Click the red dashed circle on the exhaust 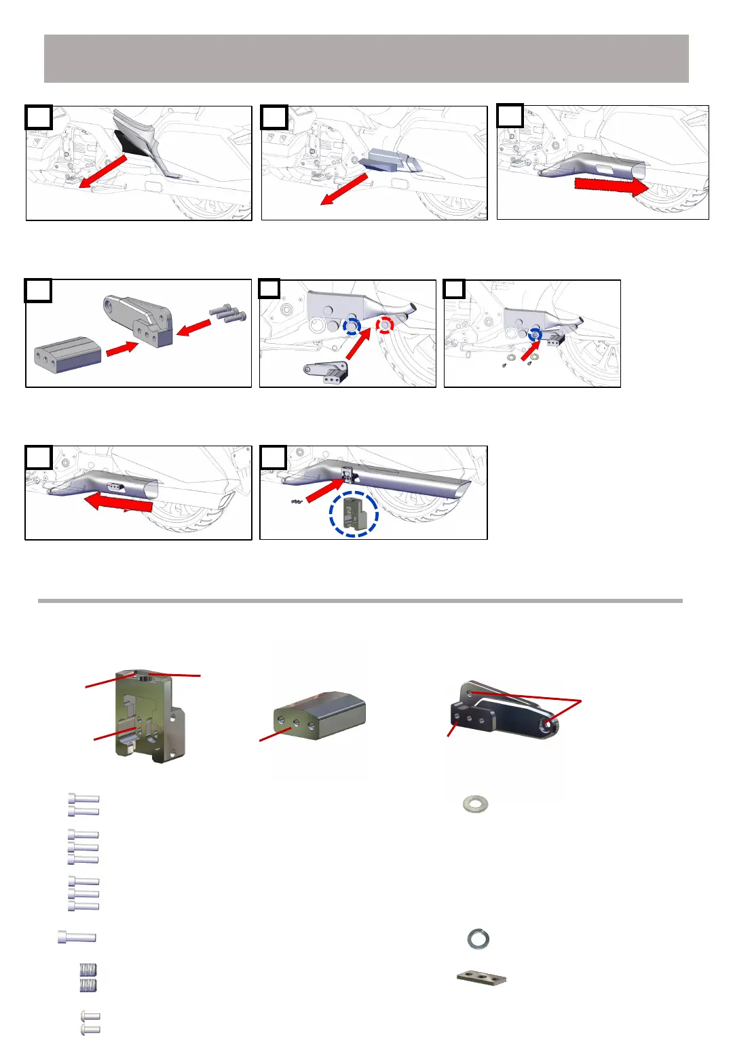(385, 326)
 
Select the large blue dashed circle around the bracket (353, 513)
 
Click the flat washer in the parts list (474, 804)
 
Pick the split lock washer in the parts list (478, 939)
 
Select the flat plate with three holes (481, 978)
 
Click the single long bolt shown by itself (77, 937)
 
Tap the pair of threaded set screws (88, 977)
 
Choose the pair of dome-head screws (90, 1023)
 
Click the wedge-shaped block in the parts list (320, 718)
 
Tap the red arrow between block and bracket (123, 348)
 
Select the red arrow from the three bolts (194, 328)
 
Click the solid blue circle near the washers (535, 334)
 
